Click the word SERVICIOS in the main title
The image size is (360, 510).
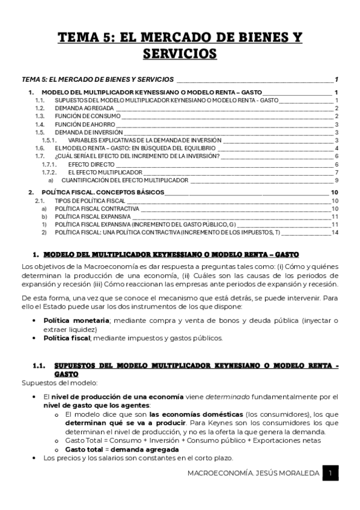[180, 54]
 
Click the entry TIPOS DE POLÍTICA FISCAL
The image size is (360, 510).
[90, 201]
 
